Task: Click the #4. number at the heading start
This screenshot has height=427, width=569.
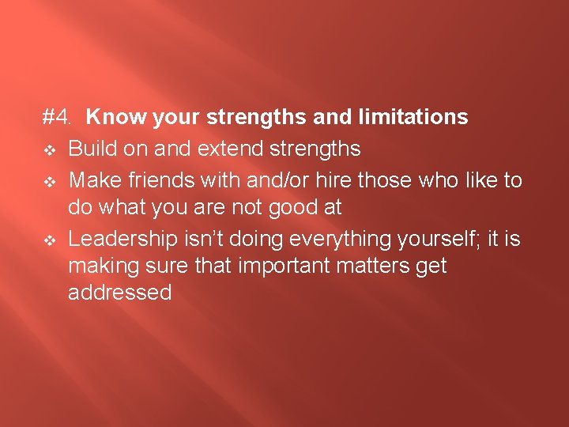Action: pos(58,118)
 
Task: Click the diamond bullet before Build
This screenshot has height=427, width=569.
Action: pos(49,149)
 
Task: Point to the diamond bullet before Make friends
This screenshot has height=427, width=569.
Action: pos(49,181)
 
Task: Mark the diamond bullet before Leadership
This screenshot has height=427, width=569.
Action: pos(49,238)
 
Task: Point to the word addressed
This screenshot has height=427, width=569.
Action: pos(120,293)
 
